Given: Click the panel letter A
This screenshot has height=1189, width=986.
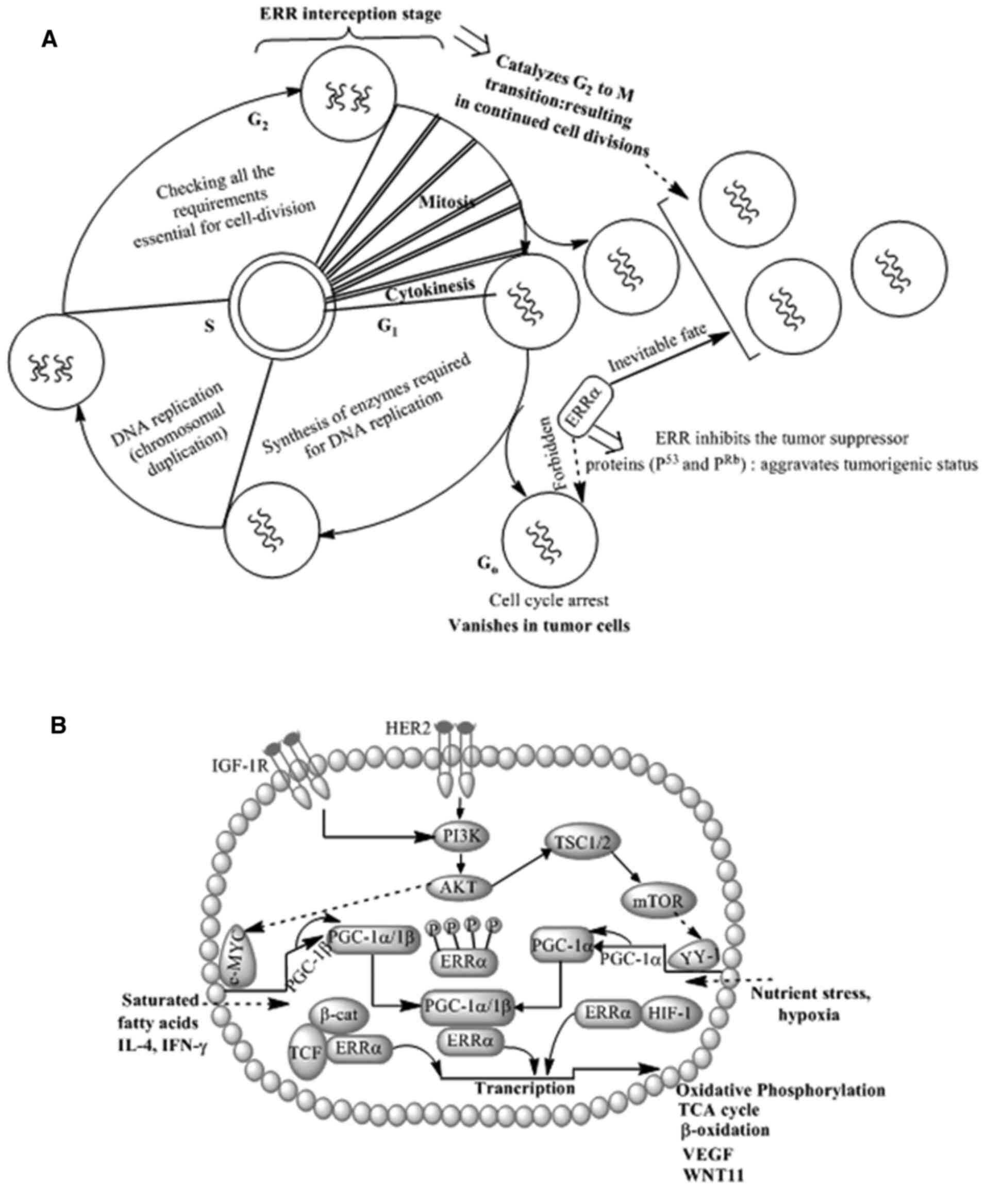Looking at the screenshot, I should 50,40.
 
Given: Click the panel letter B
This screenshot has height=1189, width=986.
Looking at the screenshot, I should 58,725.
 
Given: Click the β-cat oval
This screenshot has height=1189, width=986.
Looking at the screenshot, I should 339,1013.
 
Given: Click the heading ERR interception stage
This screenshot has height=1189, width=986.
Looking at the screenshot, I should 350,15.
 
